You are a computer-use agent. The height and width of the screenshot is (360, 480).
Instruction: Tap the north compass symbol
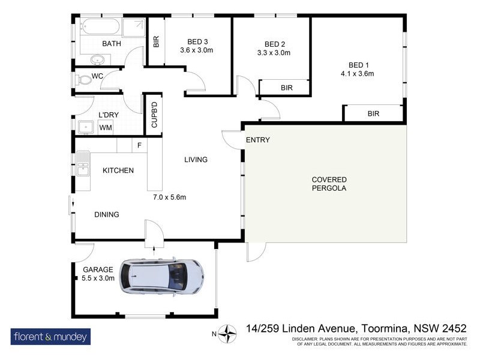[x=227, y=332]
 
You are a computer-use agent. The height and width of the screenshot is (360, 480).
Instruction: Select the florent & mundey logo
[x=50, y=336]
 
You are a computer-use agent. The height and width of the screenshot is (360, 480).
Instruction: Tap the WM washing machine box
[x=105, y=127]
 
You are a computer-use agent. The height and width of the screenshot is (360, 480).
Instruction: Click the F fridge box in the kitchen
[x=139, y=145]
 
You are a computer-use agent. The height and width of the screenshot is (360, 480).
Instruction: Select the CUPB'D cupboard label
[x=154, y=113]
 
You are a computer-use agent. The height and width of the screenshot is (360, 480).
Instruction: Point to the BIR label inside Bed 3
[x=156, y=41]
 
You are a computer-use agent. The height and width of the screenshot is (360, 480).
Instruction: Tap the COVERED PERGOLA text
[x=329, y=184]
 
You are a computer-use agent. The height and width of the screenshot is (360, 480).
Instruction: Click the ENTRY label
[x=258, y=140]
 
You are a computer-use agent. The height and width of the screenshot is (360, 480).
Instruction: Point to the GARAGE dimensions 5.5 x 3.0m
[x=98, y=278]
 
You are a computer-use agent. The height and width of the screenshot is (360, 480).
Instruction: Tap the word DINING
[x=106, y=214]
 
